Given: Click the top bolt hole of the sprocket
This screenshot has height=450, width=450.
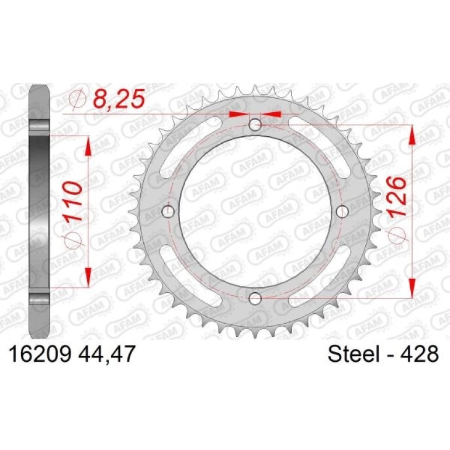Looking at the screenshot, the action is [x=255, y=125].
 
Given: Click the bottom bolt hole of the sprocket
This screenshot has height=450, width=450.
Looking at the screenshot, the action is [x=255, y=299].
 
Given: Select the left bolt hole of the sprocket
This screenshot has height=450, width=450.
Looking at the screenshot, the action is [x=168, y=212].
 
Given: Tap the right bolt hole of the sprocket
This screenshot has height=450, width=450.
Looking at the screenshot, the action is [x=342, y=212].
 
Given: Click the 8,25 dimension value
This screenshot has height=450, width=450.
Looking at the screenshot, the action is [x=119, y=98].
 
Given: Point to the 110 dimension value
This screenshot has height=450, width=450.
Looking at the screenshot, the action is [x=72, y=201].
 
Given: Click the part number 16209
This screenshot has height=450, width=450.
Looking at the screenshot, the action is [x=40, y=354].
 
